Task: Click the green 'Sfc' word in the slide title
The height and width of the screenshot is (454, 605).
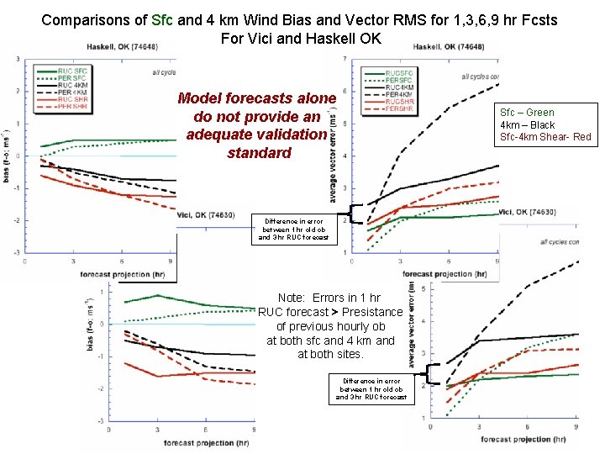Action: (159, 18)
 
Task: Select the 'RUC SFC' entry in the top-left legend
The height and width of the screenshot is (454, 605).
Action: (72, 71)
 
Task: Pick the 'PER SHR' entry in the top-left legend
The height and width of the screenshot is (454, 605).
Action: (72, 106)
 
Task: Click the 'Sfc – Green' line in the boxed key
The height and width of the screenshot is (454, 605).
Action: (527, 113)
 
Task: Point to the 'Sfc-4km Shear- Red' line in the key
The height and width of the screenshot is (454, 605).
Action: (545, 136)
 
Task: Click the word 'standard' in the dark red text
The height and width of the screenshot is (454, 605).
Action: (259, 153)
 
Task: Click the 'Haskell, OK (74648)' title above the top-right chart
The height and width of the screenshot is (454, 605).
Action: (449, 47)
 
